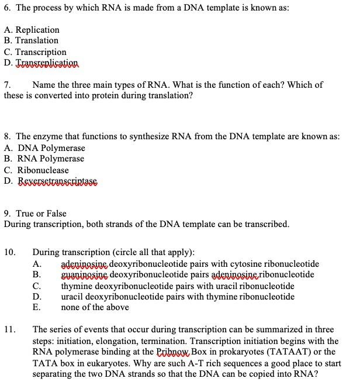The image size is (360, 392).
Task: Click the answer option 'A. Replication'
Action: (x=32, y=30)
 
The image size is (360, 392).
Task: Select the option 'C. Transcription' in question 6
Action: (x=35, y=51)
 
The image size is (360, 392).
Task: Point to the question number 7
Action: (x=7, y=85)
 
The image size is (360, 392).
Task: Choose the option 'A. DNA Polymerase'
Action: (x=44, y=148)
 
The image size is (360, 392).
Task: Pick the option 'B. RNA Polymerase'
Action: (x=44, y=159)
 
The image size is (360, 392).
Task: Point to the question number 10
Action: (x=9, y=252)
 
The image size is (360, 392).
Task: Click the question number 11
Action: (x=9, y=329)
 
